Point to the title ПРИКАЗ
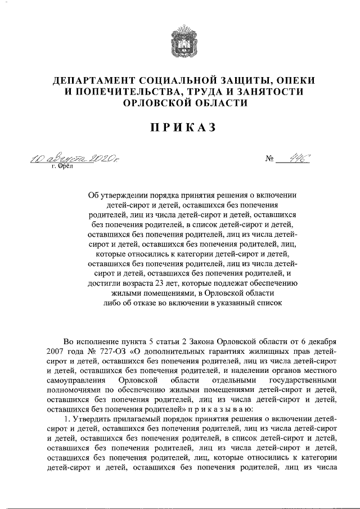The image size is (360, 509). (179, 128)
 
